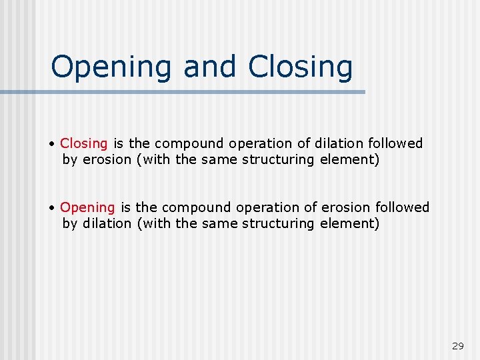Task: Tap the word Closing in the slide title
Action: pos(300,67)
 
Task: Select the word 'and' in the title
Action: pos(209,67)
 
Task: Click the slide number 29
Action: pos(457,346)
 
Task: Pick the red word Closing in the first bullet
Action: pos(84,143)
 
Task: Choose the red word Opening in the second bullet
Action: pos(87,207)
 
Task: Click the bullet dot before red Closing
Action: pos(52,144)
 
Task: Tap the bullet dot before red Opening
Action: pos(52,208)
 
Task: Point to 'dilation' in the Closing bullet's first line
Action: pos(338,143)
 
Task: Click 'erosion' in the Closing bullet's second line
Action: pos(107,159)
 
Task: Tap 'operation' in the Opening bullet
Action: pos(257,207)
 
